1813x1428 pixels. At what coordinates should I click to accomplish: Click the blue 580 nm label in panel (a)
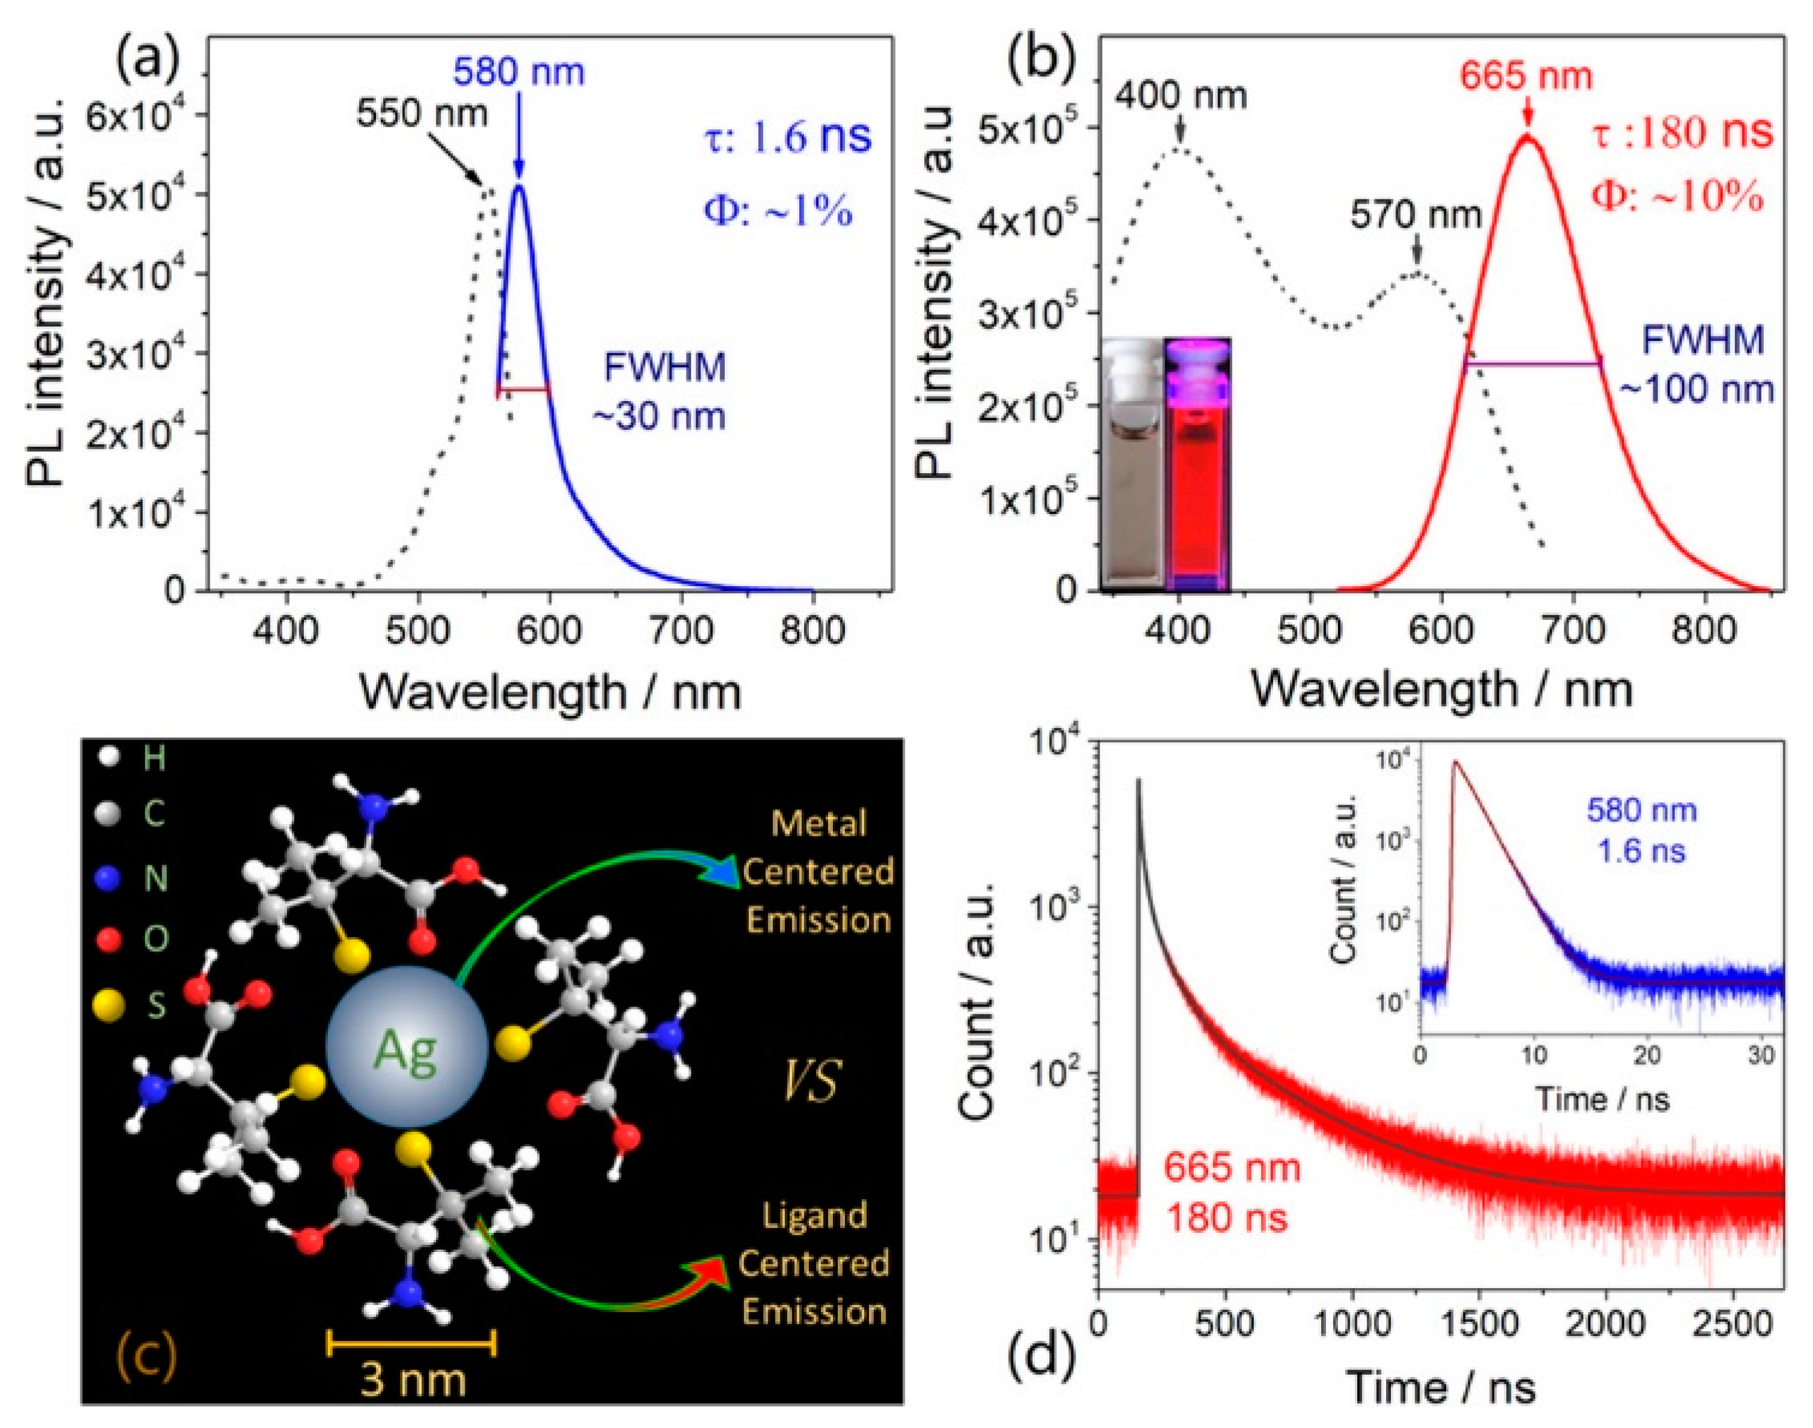point(518,72)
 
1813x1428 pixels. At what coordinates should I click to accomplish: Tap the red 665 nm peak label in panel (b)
point(1525,76)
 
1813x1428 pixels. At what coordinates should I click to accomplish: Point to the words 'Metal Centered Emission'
point(817,871)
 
